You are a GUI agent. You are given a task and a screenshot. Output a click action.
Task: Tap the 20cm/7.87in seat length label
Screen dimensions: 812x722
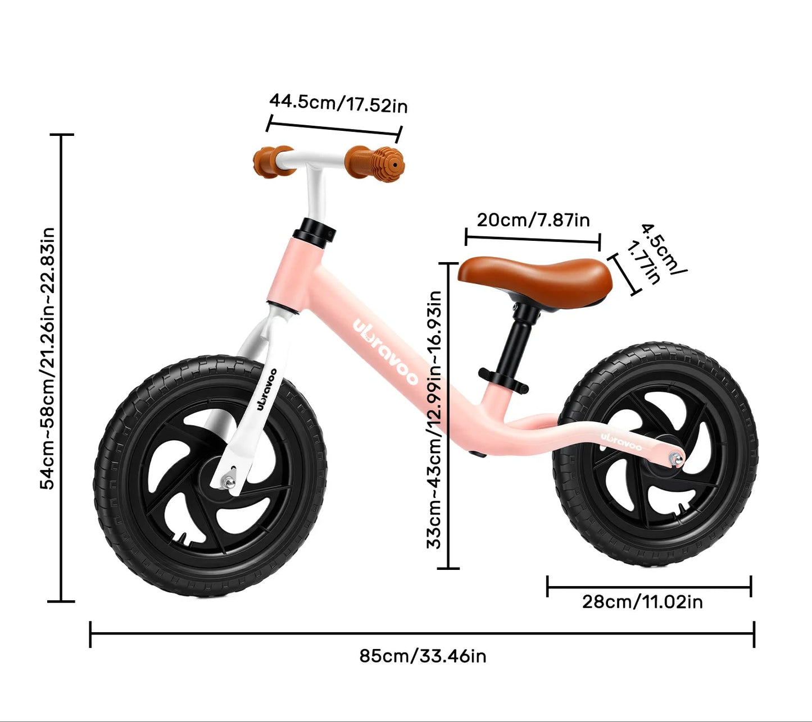click(533, 220)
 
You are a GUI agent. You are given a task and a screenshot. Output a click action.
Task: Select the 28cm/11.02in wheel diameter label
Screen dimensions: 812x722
click(642, 602)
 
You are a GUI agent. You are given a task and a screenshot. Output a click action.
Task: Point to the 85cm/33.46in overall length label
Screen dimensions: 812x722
click(423, 656)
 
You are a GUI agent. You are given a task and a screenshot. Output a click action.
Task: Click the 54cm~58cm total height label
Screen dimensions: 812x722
click(47, 358)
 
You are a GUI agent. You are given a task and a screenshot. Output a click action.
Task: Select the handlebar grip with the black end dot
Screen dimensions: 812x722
click(375, 164)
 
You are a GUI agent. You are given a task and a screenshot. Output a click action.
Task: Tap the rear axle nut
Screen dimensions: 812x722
click(677, 459)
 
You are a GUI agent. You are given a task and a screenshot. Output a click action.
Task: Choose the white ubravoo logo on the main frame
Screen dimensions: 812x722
click(385, 353)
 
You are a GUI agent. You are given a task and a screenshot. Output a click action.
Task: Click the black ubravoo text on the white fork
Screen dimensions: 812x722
click(267, 390)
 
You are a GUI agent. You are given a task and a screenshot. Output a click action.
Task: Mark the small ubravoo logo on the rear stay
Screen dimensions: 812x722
click(621, 441)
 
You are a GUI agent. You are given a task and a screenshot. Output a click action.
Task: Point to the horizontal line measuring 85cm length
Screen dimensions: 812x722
click(423, 634)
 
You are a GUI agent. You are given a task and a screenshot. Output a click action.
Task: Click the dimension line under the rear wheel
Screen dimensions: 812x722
click(649, 587)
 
